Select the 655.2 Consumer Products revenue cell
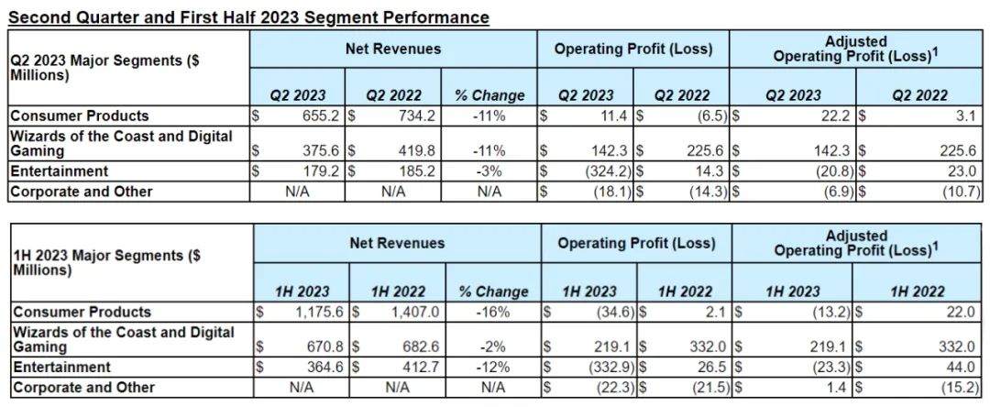pyautogui.click(x=317, y=116)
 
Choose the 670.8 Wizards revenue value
pyautogui.click(x=321, y=347)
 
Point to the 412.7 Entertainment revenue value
pyautogui.click(x=416, y=368)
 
